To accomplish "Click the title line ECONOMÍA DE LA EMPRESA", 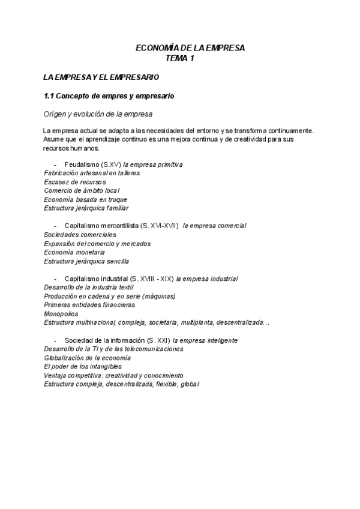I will pyautogui.click(x=190, y=49).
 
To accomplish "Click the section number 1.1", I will pyautogui.click(x=49, y=95).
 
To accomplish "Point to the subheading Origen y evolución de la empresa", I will pyautogui.click(x=98, y=113).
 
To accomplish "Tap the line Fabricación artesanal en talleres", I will pyautogui.click(x=92, y=173).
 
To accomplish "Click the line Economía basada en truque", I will pyautogui.click(x=86, y=199).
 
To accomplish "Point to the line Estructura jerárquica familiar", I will pyautogui.click(x=86, y=208).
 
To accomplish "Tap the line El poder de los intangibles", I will pyautogui.click(x=83, y=366).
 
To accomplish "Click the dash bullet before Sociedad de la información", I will pyautogui.click(x=55, y=340).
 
